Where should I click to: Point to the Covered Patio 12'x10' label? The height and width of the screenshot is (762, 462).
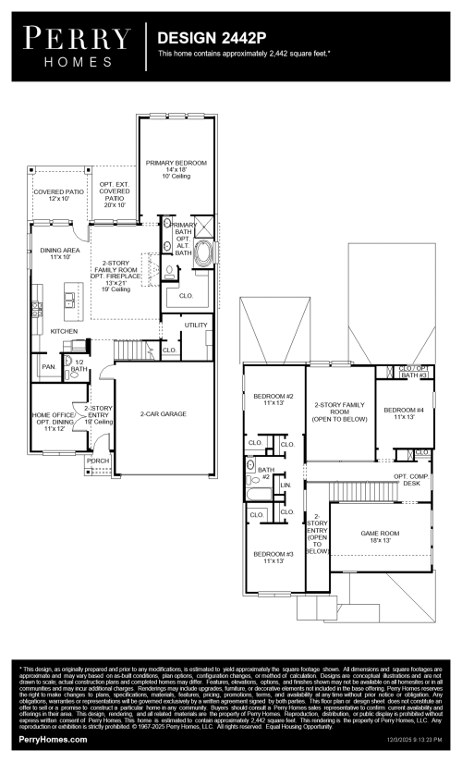pyautogui.click(x=58, y=195)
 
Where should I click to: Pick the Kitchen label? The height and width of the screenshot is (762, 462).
pyautogui.click(x=64, y=331)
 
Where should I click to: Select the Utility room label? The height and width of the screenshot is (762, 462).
pyautogui.click(x=196, y=326)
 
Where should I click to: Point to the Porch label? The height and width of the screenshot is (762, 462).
pyautogui.click(x=98, y=461)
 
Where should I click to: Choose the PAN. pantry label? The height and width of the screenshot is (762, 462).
pyautogui.click(x=48, y=367)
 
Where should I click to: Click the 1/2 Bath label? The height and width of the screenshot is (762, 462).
pyautogui.click(x=79, y=366)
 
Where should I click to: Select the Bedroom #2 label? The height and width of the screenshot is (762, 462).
pyautogui.click(x=273, y=400)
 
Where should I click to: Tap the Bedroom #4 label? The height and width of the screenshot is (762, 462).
pyautogui.click(x=404, y=413)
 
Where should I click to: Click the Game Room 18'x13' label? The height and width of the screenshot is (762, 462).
pyautogui.click(x=379, y=537)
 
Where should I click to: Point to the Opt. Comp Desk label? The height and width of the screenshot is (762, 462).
pyautogui.click(x=412, y=480)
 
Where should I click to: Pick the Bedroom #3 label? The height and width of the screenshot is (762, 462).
pyautogui.click(x=273, y=557)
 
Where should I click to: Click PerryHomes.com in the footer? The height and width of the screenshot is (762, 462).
pyautogui.click(x=53, y=740)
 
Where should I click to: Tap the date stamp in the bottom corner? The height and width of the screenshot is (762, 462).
pyautogui.click(x=410, y=741)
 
